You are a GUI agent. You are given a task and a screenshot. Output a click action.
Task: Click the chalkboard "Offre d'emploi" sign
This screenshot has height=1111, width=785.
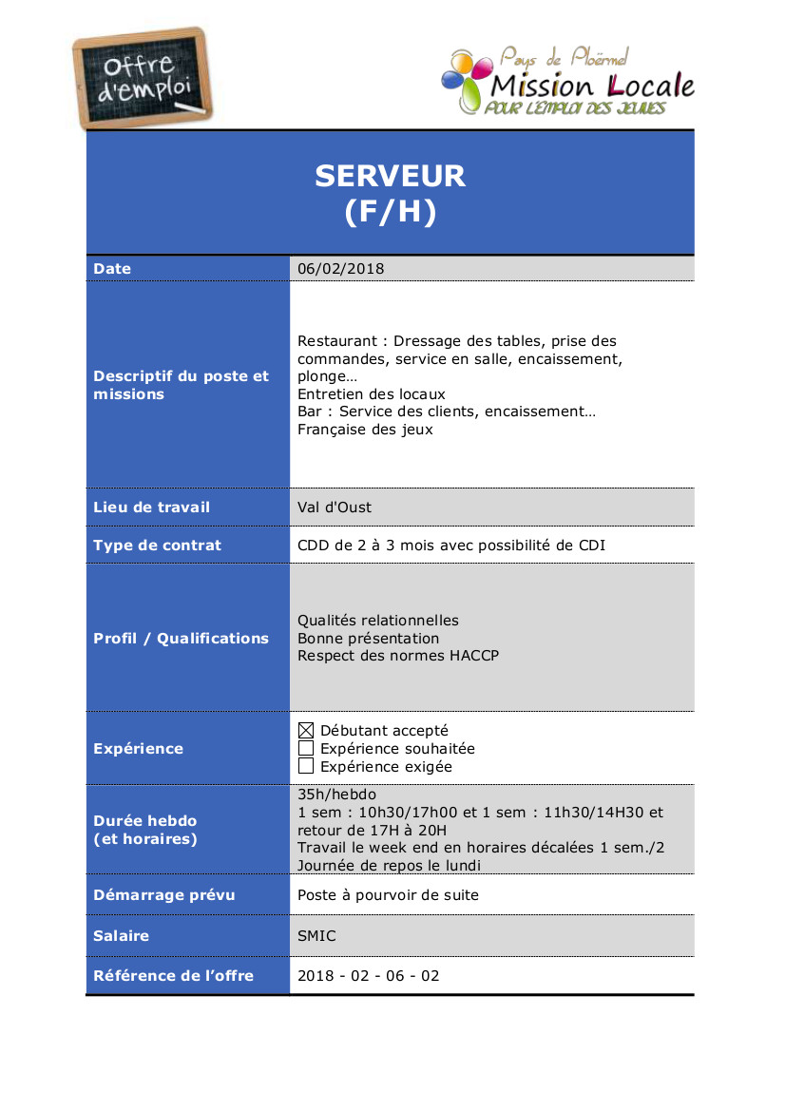tap(144, 79)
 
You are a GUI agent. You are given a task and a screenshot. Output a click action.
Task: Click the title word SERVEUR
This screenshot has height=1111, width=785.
tap(390, 176)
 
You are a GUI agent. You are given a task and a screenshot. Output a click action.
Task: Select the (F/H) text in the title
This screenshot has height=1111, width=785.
tap(390, 212)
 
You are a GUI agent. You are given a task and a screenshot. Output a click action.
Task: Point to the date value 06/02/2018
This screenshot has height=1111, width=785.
tap(341, 269)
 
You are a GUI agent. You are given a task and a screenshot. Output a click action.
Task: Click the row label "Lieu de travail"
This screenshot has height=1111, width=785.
tap(152, 508)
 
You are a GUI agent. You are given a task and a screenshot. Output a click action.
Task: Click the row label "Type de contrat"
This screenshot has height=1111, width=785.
tap(157, 546)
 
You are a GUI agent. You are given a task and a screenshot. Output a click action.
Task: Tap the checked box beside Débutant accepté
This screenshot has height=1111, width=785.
tap(306, 731)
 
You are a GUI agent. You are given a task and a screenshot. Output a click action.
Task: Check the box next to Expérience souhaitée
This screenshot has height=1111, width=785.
tap(306, 749)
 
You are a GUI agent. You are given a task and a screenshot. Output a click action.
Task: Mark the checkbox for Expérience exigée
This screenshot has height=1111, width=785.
tap(306, 766)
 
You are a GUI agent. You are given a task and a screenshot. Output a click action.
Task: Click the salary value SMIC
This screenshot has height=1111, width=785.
tap(316, 936)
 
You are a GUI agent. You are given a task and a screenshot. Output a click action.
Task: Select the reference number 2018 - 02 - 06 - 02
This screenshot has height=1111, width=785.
tap(369, 976)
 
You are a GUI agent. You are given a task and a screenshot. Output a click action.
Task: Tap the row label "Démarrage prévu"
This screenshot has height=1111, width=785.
tap(164, 895)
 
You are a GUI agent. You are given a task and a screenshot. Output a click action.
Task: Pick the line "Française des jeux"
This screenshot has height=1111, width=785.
tap(365, 430)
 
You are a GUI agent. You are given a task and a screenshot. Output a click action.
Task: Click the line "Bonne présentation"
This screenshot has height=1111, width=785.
tap(369, 639)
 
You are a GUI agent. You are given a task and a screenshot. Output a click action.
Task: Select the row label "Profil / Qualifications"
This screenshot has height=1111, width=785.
tap(181, 639)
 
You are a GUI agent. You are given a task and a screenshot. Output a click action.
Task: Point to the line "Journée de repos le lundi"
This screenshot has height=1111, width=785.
tap(390, 866)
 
